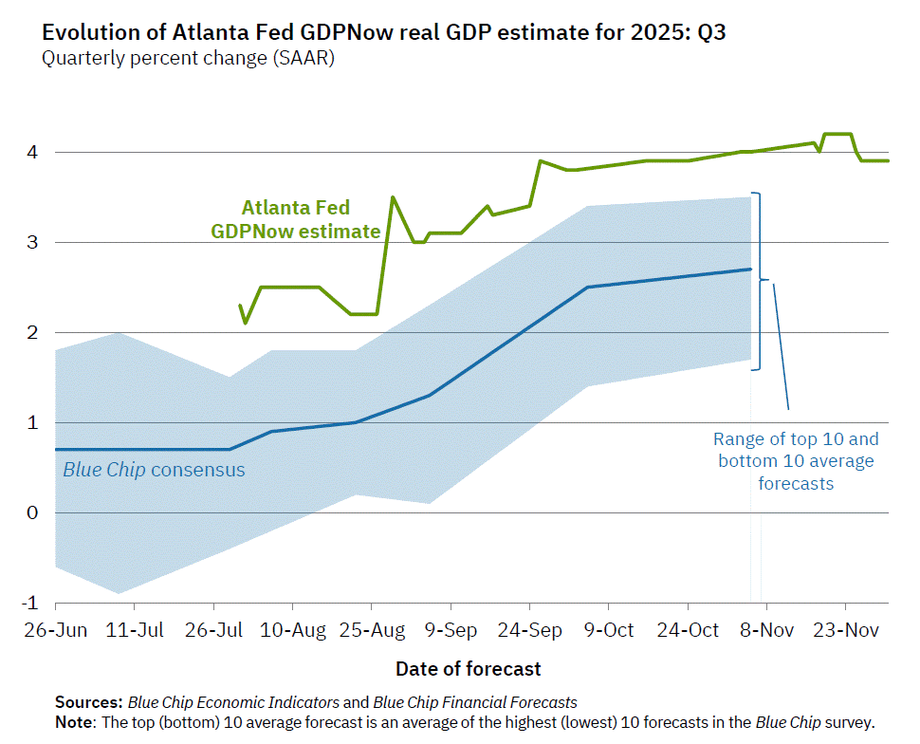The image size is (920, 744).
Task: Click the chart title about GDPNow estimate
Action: pyautogui.click(x=384, y=32)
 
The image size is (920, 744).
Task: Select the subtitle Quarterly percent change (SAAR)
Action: pyautogui.click(x=188, y=58)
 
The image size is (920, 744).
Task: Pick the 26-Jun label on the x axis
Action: pyautogui.click(x=56, y=629)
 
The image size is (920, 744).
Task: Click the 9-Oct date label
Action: pyautogui.click(x=608, y=629)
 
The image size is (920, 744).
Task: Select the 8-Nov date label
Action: pyautogui.click(x=765, y=629)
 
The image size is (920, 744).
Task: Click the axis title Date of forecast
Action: pyautogui.click(x=469, y=668)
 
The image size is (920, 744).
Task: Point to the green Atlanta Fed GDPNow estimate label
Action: pyautogui.click(x=296, y=219)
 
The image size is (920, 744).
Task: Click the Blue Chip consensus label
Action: pyautogui.click(x=154, y=470)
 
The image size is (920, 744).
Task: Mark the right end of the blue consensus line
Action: pyautogui.click(x=750, y=270)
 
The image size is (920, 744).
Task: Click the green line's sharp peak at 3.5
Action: pyautogui.click(x=393, y=197)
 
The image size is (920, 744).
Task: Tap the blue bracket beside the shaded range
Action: pyautogui.click(x=759, y=281)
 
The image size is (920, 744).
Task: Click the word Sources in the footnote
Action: pyautogui.click(x=87, y=703)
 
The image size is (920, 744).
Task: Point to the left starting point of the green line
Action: pyautogui.click(x=240, y=306)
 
